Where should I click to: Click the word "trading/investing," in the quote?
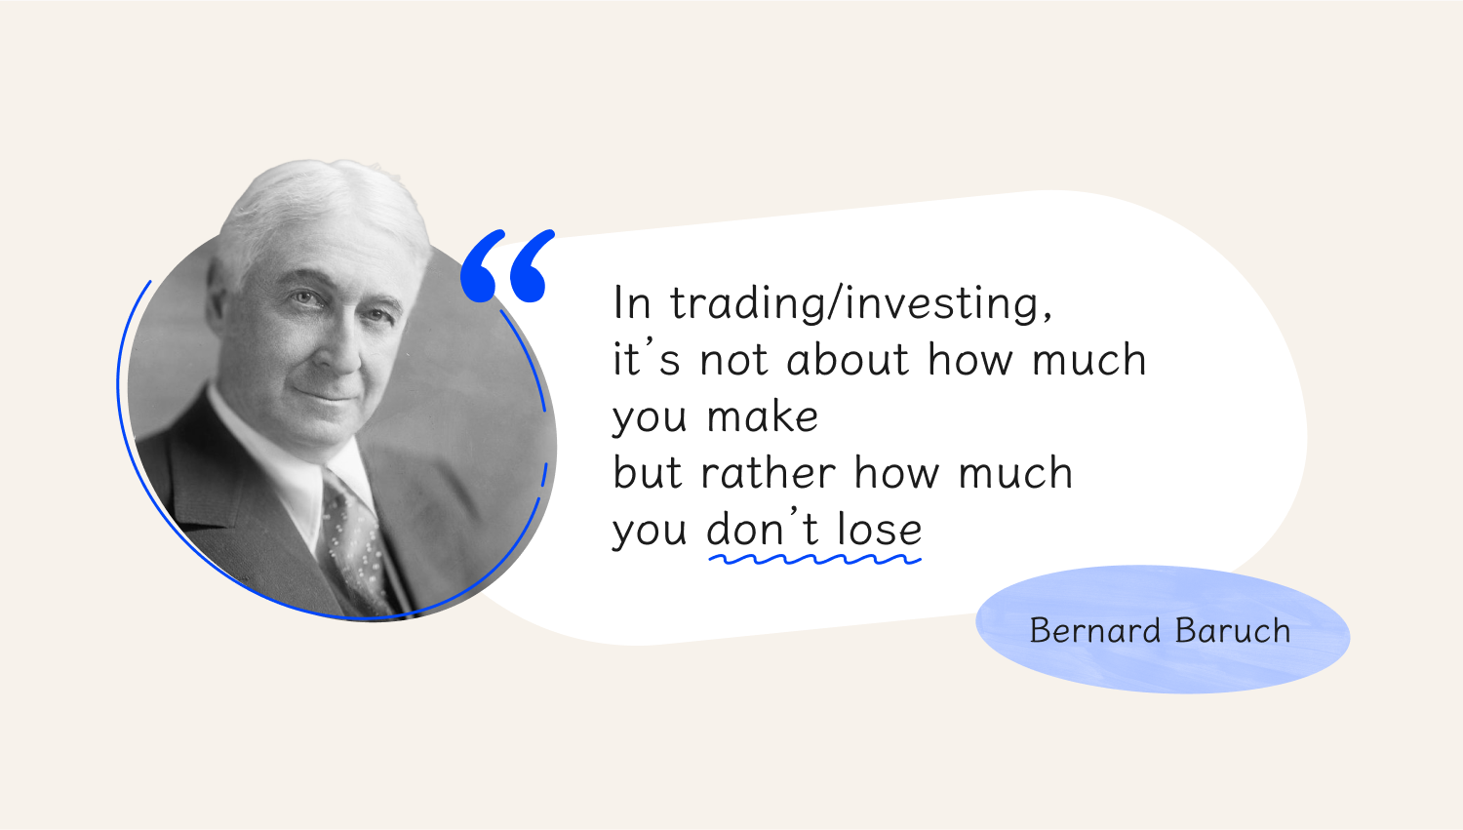click(861, 303)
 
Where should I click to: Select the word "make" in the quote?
click(762, 416)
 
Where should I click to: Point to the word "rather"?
click(769, 472)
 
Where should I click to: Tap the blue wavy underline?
click(815, 559)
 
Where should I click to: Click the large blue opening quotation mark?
click(507, 266)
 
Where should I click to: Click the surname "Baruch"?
click(1233, 631)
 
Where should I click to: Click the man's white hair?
click(320, 209)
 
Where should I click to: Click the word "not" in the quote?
click(734, 361)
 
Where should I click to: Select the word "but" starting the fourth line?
click(648, 472)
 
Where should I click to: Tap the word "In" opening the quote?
click(632, 303)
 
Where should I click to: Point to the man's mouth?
click(327, 395)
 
